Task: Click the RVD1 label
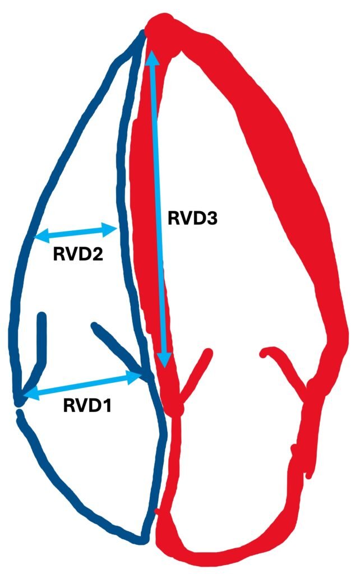(86, 405)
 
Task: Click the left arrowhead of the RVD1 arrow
(28, 394)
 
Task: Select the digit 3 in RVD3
(211, 219)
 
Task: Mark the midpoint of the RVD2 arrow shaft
(76, 232)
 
